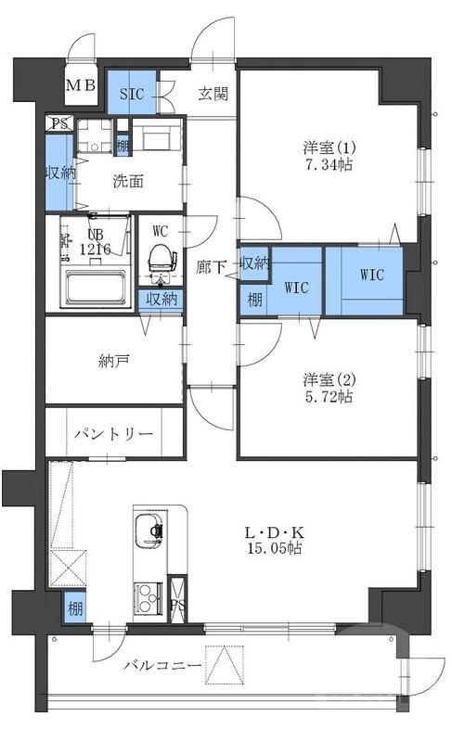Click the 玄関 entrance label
click(213, 92)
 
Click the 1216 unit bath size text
click(97, 249)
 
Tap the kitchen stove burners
click(146, 595)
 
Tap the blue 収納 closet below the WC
click(160, 299)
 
